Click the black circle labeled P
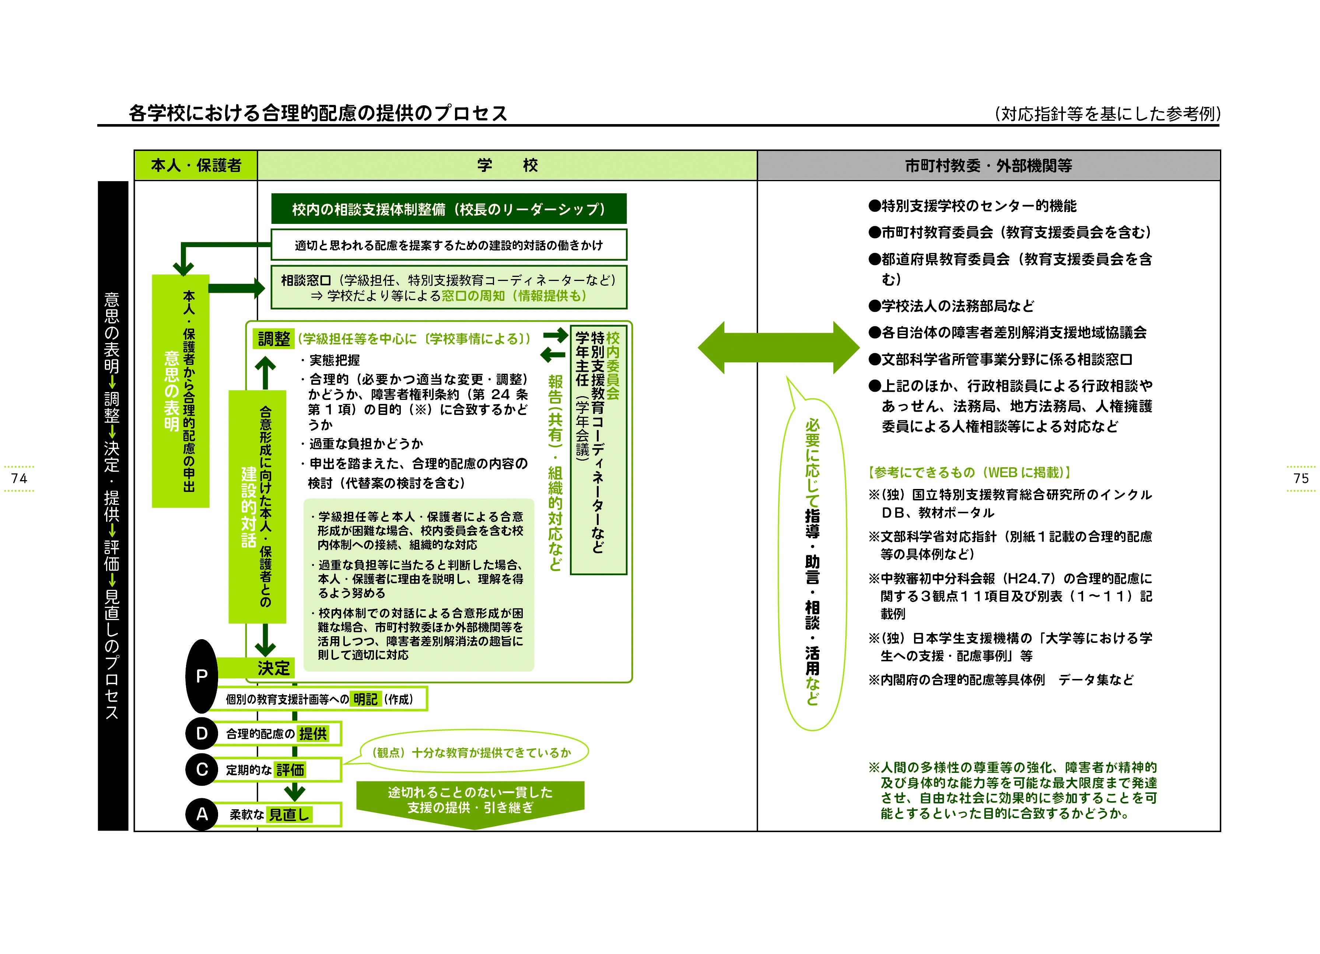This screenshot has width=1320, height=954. [202, 676]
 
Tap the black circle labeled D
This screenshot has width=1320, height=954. [202, 733]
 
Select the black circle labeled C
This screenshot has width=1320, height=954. [202, 769]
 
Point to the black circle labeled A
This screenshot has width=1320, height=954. [202, 814]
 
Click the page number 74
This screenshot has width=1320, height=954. [19, 478]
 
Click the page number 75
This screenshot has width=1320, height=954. [1301, 478]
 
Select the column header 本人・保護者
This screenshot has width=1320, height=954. [196, 166]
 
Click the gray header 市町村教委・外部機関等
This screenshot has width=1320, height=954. [988, 166]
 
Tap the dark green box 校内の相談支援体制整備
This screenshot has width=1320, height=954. [448, 209]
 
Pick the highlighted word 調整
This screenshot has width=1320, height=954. [274, 338]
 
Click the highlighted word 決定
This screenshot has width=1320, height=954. [274, 668]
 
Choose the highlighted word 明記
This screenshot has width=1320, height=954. [365, 699]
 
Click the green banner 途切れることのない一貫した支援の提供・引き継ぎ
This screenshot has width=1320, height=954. [470, 800]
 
